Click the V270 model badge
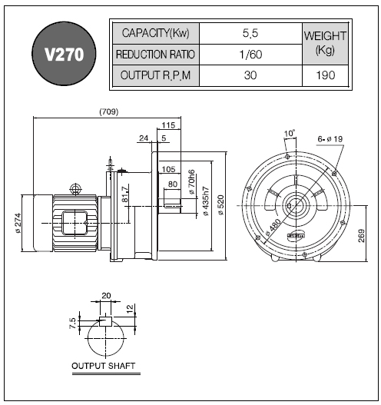(x=64, y=54)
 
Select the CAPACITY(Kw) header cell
(x=156, y=33)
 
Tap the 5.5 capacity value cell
(x=250, y=33)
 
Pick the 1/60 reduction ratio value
(x=250, y=55)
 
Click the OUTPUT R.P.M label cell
(x=156, y=75)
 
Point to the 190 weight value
(x=325, y=75)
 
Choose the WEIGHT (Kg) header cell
(x=325, y=44)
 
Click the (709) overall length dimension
(x=109, y=112)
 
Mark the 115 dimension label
(x=168, y=125)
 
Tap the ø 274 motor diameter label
(x=18, y=223)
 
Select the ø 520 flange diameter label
(x=221, y=205)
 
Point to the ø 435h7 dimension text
(x=206, y=201)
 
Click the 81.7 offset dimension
(x=125, y=194)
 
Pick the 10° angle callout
(x=290, y=134)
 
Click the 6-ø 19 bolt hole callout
(x=330, y=139)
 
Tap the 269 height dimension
(x=362, y=235)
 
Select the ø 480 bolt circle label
(x=273, y=227)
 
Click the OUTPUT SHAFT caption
(x=103, y=366)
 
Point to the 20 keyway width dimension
(x=106, y=295)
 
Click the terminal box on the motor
(x=75, y=223)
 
